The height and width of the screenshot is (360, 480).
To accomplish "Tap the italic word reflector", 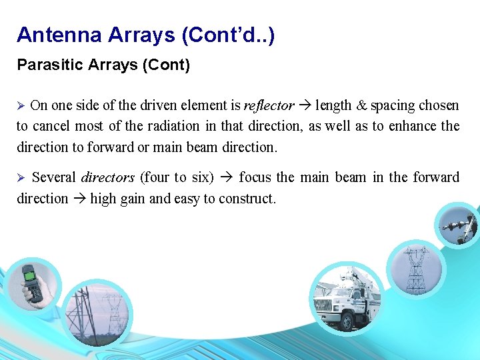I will [x=269, y=105].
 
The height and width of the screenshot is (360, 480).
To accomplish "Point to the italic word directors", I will [x=107, y=177].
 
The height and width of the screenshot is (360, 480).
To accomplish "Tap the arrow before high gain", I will [x=79, y=199].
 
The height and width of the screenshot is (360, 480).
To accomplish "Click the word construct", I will [x=250, y=199].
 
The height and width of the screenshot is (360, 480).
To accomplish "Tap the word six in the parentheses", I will [x=203, y=177].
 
